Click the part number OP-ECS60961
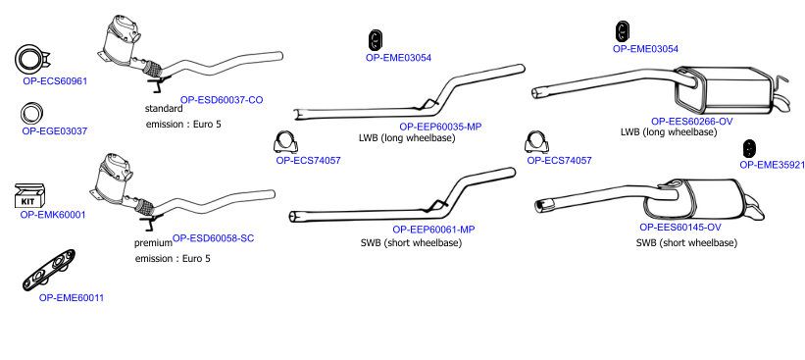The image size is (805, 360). pos(55,81)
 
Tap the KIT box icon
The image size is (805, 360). pos(30,196)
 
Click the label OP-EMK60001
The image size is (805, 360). pos(53,215)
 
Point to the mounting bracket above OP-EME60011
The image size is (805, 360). pos(49,270)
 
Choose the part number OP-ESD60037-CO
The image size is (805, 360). pos(222,100)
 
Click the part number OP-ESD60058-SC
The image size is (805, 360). pos(213,238)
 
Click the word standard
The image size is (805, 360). pos(164,108)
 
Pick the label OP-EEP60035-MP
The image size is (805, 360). pos(440,127)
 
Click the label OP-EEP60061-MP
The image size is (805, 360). pos(433,230)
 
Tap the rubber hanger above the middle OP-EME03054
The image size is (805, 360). pos(377,41)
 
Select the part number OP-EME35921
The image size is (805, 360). pos(772,165)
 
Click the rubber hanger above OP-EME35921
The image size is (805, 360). pos(749,148)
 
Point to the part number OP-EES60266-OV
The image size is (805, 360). pos(692,122)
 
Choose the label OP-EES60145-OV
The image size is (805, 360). pos(680,227)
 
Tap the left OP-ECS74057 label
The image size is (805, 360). pos(308,160)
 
